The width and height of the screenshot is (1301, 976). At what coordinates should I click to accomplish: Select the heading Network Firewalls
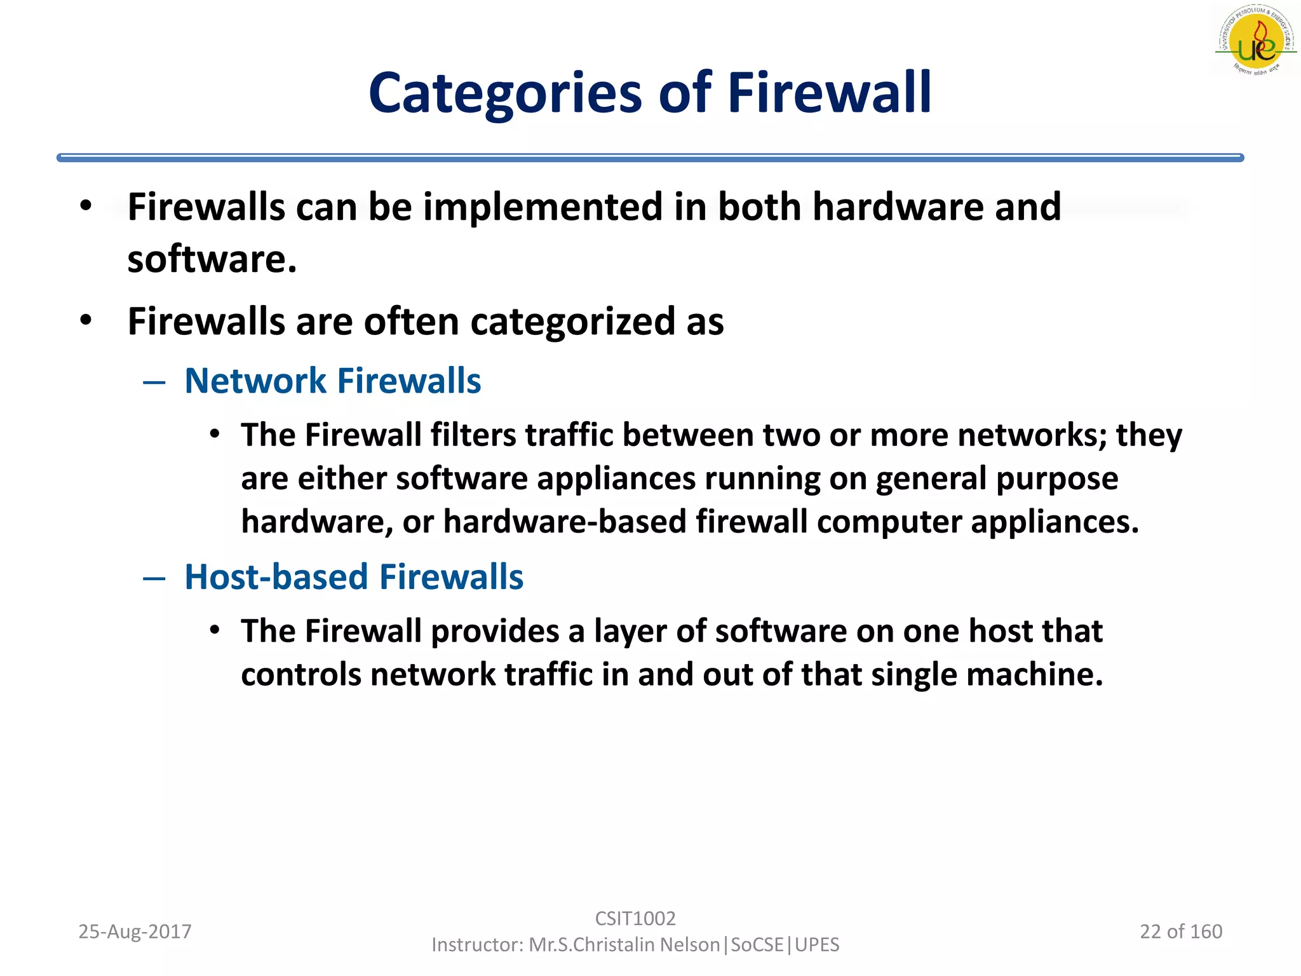click(x=332, y=381)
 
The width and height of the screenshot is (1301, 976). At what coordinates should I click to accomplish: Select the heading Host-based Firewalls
click(x=354, y=577)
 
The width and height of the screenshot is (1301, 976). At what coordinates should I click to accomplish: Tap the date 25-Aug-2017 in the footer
click(x=135, y=932)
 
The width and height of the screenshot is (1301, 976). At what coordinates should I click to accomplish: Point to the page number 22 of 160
click(x=1181, y=932)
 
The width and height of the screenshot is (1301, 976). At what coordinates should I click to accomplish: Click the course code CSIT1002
click(x=635, y=918)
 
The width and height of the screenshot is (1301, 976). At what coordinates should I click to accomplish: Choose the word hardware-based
click(x=565, y=522)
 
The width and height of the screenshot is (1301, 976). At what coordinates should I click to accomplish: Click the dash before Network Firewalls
click(x=154, y=382)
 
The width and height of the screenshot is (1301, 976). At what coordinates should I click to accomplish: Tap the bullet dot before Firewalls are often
click(x=86, y=320)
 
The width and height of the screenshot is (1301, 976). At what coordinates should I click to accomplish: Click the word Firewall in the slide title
click(x=830, y=93)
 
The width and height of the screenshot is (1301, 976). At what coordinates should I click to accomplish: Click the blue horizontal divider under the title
click(x=650, y=158)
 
